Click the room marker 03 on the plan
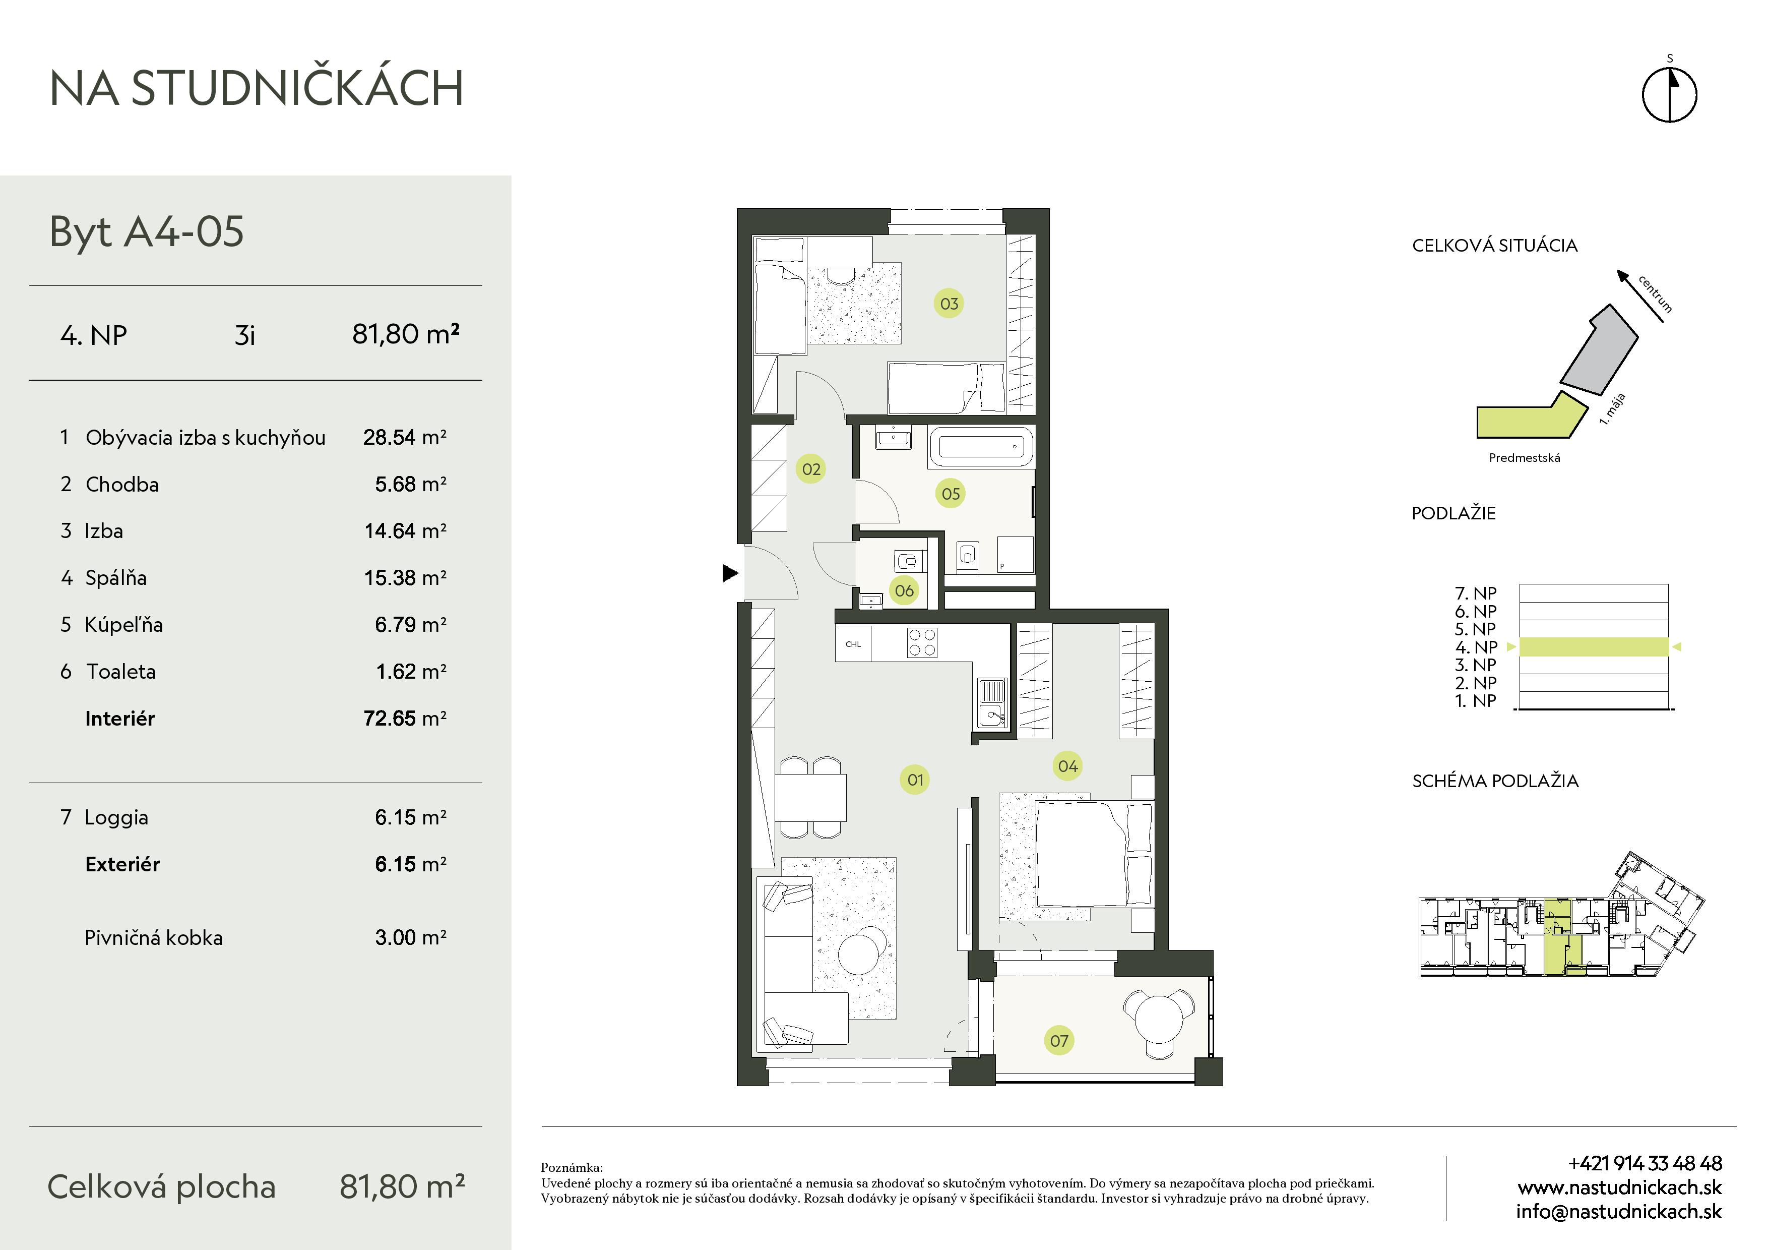tap(949, 304)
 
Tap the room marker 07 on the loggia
tap(1059, 1041)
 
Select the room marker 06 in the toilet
tap(904, 591)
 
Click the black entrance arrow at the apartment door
tap(730, 573)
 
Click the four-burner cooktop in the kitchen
tap(922, 643)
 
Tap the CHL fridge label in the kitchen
tap(853, 644)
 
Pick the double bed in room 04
tap(1094, 854)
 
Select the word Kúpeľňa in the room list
tap(124, 625)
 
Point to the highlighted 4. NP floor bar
tap(1594, 647)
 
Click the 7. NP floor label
tap(1475, 593)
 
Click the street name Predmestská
tap(1525, 457)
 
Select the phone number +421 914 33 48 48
tap(1645, 1163)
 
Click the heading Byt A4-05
tap(146, 231)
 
